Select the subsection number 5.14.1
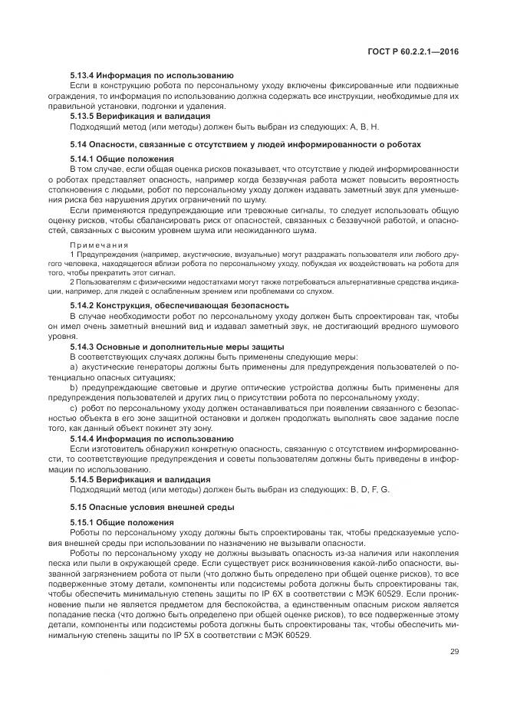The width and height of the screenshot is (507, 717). point(84,159)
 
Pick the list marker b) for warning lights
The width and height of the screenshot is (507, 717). point(74,388)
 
